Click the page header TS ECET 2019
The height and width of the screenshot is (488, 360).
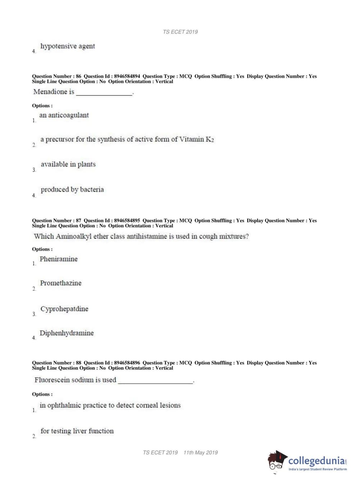[180, 32]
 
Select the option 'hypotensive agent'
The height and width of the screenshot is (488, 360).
[68, 46]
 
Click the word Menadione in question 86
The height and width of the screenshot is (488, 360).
[49, 92]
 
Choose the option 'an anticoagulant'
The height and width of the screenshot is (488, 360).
[64, 115]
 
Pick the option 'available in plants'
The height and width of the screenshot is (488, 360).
[68, 164]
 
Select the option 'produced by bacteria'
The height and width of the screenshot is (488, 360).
[72, 190]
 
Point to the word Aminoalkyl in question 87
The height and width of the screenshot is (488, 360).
[74, 236]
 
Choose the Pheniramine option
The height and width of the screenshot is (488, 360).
[59, 259]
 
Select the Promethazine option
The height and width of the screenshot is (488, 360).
[61, 283]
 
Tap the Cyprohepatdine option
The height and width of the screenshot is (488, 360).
[64, 309]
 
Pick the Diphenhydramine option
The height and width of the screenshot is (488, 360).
[67, 333]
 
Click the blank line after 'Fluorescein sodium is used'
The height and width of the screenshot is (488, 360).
[155, 381]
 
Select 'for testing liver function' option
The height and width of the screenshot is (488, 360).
[77, 431]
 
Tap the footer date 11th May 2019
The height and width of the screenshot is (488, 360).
[201, 453]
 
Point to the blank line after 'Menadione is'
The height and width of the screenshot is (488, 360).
[104, 93]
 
